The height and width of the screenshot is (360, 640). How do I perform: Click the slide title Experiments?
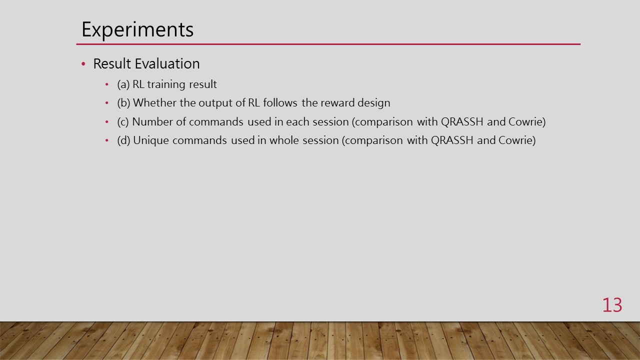[x=137, y=29]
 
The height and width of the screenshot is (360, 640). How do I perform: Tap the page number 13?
[x=612, y=305]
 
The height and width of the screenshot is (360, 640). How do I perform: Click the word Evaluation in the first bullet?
[x=167, y=63]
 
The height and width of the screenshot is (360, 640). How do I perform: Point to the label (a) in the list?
[x=123, y=84]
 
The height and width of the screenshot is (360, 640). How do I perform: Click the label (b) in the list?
[x=123, y=103]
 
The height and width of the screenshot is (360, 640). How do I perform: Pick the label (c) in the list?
[x=123, y=122]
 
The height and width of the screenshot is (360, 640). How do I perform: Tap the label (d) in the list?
[x=123, y=140]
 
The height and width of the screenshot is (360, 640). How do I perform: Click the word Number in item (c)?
[x=152, y=122]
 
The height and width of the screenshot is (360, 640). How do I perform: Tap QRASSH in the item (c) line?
[x=462, y=122]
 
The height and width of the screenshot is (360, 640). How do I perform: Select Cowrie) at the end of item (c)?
[x=527, y=122]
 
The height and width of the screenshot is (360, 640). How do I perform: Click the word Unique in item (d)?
[x=151, y=141]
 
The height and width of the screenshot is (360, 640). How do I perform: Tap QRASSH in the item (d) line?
[x=452, y=140]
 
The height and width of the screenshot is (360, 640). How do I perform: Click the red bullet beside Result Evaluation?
[x=83, y=64]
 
